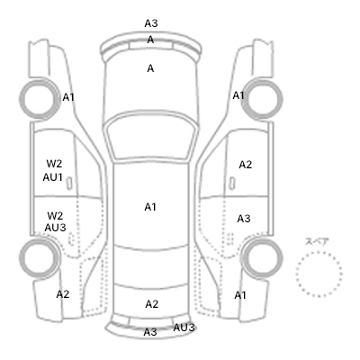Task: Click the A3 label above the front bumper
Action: pos(151,23)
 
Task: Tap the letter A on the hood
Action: pos(150,68)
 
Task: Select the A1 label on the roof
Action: pos(150,207)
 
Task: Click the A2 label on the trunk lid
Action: pos(151,304)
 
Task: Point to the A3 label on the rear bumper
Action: pos(150,332)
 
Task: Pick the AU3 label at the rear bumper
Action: pos(184,328)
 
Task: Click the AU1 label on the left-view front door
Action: pos(52,177)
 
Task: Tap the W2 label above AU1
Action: pos(54,164)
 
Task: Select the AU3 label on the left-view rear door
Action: pos(55,228)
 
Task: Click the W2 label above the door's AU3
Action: pos(55,216)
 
